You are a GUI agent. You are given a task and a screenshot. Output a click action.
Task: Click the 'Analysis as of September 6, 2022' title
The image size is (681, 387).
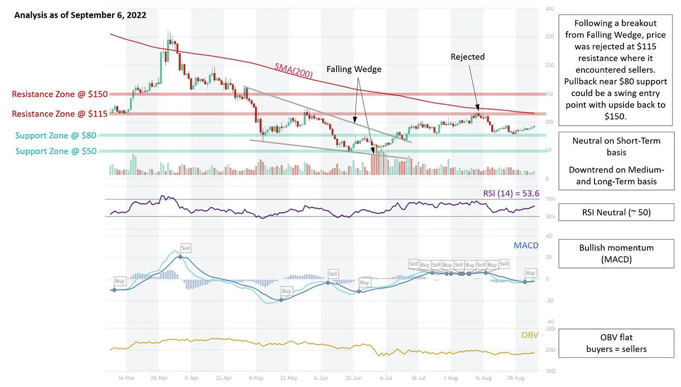(x=80, y=15)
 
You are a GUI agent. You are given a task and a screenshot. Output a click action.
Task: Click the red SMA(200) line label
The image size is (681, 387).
(x=293, y=70)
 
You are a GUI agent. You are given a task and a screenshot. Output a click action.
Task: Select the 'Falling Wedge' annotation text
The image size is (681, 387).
(x=354, y=69)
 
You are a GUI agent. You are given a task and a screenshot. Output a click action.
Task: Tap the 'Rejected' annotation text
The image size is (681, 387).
(x=468, y=56)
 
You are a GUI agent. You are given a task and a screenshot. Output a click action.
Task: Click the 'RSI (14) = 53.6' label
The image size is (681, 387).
(x=511, y=193)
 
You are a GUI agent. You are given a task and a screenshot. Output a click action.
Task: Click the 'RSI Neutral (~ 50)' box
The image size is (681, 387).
(x=616, y=212)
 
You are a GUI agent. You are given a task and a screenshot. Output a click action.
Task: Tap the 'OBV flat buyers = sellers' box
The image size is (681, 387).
(x=616, y=343)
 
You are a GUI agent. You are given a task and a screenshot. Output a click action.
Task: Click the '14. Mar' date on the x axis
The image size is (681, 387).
(x=126, y=378)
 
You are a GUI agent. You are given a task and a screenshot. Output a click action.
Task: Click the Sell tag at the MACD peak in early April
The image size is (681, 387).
(x=185, y=247)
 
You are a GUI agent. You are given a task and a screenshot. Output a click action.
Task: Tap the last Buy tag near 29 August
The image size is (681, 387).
(x=530, y=273)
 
